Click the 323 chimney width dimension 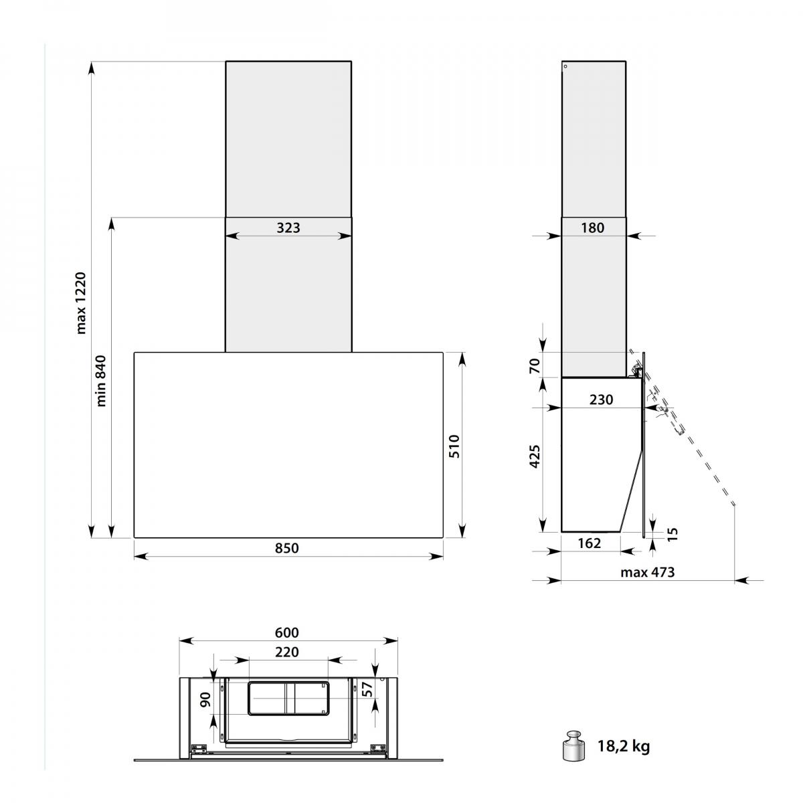point(288,228)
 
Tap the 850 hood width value point(286,547)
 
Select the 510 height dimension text point(454,446)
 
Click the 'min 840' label point(101,381)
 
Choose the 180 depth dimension point(592,228)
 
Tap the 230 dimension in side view point(601,399)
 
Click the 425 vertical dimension point(535,456)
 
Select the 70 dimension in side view point(535,365)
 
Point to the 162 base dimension point(590,543)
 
